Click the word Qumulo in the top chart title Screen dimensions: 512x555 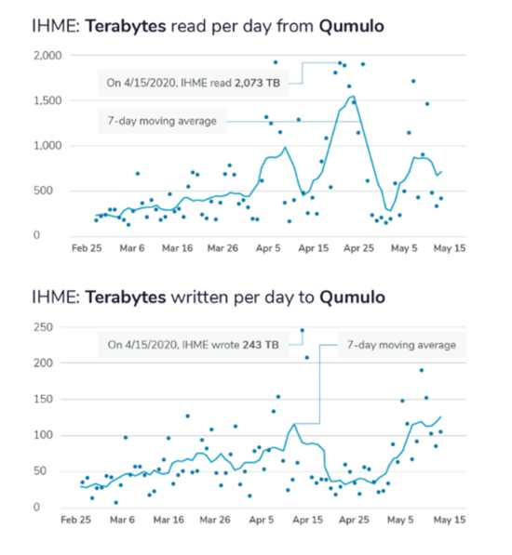(352, 27)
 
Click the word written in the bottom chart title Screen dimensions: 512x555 (200, 297)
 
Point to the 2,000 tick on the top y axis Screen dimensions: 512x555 (47, 56)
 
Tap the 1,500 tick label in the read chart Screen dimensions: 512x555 (47, 101)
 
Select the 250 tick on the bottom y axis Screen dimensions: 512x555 (43, 327)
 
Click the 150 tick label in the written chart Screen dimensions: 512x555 (43, 399)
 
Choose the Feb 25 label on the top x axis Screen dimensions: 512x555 (87, 248)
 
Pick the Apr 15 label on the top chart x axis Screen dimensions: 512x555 (313, 248)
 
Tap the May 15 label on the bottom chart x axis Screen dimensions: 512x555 (450, 520)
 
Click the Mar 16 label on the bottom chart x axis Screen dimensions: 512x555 (168, 520)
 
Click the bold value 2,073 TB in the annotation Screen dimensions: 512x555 (258, 83)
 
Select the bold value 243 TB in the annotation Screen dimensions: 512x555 (261, 345)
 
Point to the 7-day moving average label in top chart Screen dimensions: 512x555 (162, 121)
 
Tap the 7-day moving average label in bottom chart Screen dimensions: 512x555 (401, 345)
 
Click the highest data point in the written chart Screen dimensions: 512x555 (303, 330)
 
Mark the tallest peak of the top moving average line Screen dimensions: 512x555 (353, 96)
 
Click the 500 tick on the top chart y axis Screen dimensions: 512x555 (43, 191)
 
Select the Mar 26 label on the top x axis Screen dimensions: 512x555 (222, 248)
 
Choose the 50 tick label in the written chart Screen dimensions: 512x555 (40, 471)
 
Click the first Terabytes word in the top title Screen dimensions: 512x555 (126, 27)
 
